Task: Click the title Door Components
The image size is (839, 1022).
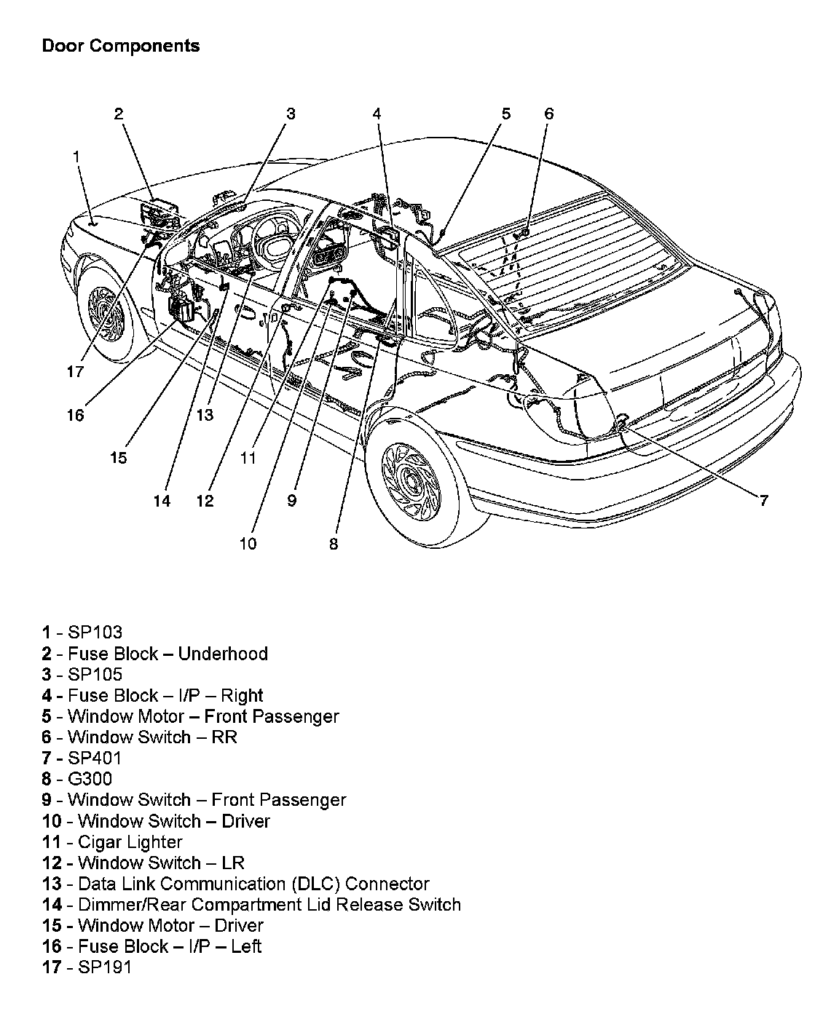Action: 120,46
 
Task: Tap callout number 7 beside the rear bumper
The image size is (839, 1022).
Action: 763,501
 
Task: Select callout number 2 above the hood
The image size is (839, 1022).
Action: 119,114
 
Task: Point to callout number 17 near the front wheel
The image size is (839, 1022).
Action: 75,372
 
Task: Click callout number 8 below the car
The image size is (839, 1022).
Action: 334,544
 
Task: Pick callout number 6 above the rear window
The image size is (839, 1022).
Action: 548,114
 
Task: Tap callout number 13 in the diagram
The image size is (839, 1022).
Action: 205,415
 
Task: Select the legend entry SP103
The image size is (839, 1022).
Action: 82,633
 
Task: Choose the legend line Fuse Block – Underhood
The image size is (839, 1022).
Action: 154,654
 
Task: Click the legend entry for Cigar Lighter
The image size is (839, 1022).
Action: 112,842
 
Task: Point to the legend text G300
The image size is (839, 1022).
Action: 77,780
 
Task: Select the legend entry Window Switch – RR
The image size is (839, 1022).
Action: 139,737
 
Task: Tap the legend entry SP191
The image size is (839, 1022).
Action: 87,968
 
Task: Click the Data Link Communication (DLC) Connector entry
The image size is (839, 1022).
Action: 235,884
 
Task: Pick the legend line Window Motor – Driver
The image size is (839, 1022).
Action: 152,926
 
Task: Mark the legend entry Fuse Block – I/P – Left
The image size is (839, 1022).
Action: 151,947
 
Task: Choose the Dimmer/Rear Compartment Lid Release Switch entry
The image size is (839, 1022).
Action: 251,905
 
